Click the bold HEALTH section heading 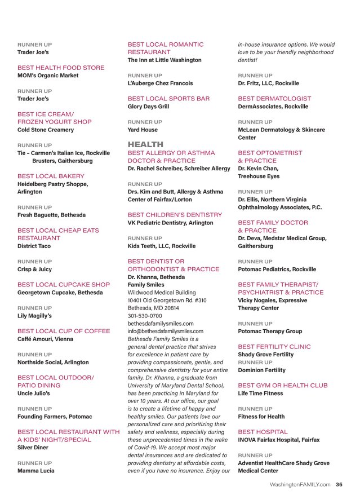pos(145,144)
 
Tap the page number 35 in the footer pos(339,484)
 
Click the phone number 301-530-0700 pos(145,316)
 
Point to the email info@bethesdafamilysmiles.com pos(165,331)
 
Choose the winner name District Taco pos(34,246)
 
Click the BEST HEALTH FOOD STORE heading pos(61,68)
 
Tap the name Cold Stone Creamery pos(46,130)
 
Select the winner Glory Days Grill pos(148,107)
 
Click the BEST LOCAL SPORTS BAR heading pos(168,99)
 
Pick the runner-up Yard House pos(143,130)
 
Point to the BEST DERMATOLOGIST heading pos(274,99)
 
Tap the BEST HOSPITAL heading pos(263,432)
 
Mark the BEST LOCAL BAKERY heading pos(51,176)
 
